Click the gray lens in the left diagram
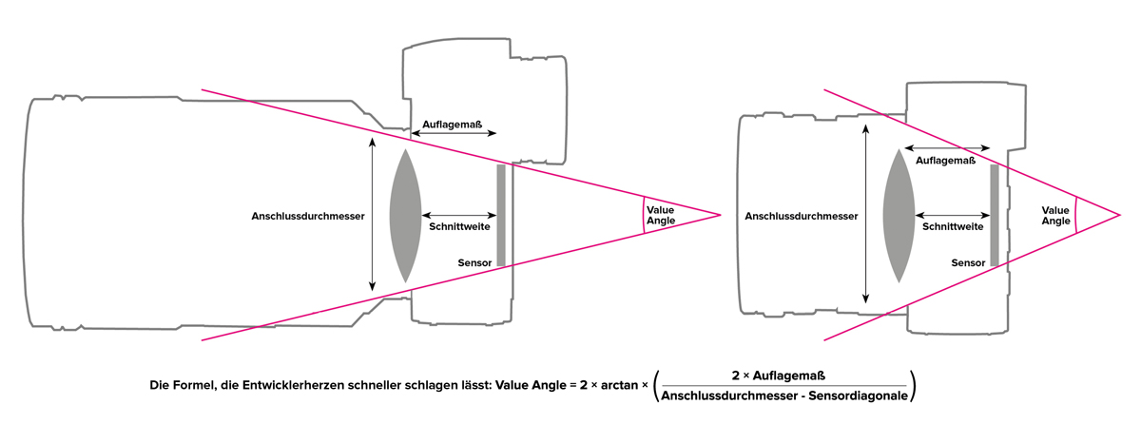click(405, 215)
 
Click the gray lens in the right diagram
click(899, 216)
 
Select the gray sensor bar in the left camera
click(500, 215)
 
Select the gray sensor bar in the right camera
click(994, 215)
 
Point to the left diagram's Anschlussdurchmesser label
click(309, 216)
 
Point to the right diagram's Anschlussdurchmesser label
click(802, 216)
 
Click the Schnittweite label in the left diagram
click(459, 228)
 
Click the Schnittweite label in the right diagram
click(953, 227)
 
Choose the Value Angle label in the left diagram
click(661, 215)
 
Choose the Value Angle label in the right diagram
click(1056, 215)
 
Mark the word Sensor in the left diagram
click(474, 261)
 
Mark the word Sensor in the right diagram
click(968, 262)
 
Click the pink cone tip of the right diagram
click(1120, 215)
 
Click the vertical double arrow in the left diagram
click(372, 215)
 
